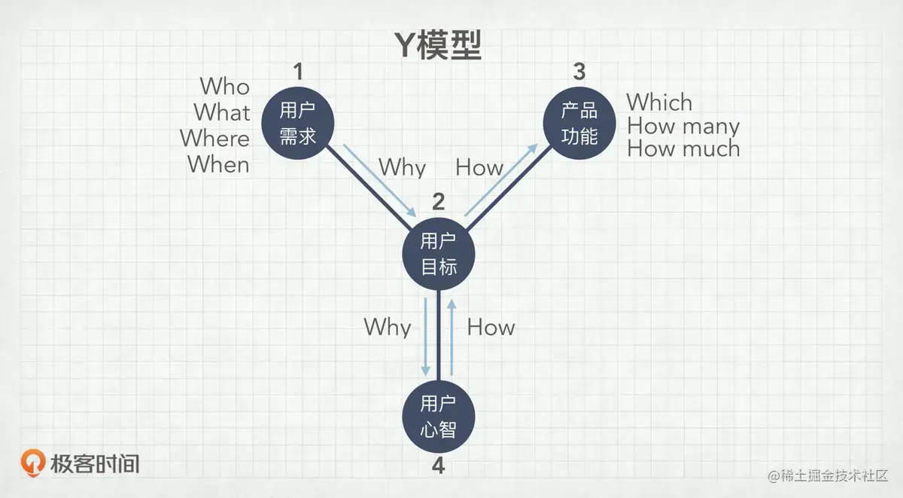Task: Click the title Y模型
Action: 438,45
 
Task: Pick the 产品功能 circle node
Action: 579,123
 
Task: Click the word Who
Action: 224,87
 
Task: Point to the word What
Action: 222,112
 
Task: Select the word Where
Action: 214,139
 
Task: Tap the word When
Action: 218,163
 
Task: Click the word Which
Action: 659,102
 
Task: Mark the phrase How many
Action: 683,126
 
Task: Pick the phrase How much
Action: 683,149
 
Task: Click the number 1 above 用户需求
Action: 298,72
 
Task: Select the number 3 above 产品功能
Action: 579,72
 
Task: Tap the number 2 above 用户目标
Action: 438,202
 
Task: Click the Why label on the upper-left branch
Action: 402,167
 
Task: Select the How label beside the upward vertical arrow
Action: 491,327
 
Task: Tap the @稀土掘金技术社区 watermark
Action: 828,476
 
